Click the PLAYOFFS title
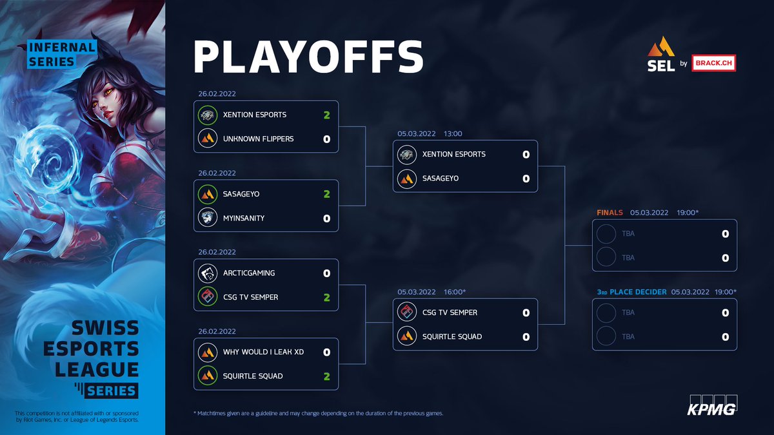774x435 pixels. pyautogui.click(x=308, y=57)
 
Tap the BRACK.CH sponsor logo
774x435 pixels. pyautogui.click(x=713, y=63)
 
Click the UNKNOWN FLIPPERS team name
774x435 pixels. pyautogui.click(x=258, y=139)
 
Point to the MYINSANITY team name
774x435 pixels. pyautogui.click(x=244, y=218)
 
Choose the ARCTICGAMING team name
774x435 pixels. pyautogui.click(x=249, y=273)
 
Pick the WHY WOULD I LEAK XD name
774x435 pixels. pyautogui.click(x=263, y=352)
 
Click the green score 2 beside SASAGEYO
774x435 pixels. pyautogui.click(x=326, y=194)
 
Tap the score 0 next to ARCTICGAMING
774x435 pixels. pyautogui.click(x=326, y=273)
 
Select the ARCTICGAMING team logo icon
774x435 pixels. pyautogui.click(x=207, y=273)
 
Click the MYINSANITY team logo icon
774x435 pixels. pyautogui.click(x=207, y=218)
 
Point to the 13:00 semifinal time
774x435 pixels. pyautogui.click(x=453, y=134)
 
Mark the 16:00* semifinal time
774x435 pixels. pyautogui.click(x=455, y=292)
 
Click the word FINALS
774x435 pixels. pyautogui.click(x=610, y=213)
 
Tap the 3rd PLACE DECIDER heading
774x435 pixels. pyautogui.click(x=632, y=292)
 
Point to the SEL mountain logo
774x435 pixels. pyautogui.click(x=661, y=48)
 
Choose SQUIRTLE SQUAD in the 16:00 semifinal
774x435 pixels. pyautogui.click(x=452, y=336)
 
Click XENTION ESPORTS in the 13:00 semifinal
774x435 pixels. pyautogui.click(x=453, y=154)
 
